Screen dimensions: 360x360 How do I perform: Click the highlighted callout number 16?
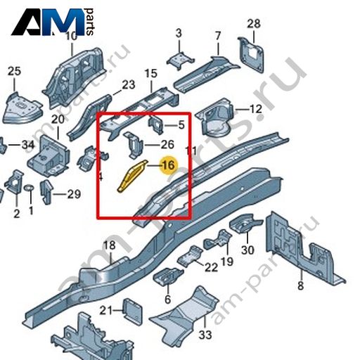tap(169, 165)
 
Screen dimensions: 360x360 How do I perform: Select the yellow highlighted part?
tap(132, 176)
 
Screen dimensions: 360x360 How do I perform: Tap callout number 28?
tap(254, 24)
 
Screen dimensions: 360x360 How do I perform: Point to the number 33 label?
tap(205, 335)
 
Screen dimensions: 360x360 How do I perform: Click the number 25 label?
tap(15, 71)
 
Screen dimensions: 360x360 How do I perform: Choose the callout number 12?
tap(256, 109)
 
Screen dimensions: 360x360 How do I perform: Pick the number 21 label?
tap(107, 311)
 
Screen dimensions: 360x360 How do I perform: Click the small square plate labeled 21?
tap(133, 310)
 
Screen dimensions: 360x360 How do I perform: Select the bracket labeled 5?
tap(155, 124)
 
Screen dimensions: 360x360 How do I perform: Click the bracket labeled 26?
tap(134, 145)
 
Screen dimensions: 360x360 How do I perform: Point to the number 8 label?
tap(301, 286)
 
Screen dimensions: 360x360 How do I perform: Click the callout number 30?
tap(247, 250)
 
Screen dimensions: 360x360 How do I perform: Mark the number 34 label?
tap(28, 145)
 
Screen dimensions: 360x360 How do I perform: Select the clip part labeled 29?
tap(47, 192)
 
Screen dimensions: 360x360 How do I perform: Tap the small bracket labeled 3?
tap(180, 60)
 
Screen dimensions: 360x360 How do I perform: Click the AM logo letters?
tap(48, 22)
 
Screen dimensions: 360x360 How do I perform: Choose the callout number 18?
tap(110, 245)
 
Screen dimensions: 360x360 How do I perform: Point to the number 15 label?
tap(150, 74)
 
